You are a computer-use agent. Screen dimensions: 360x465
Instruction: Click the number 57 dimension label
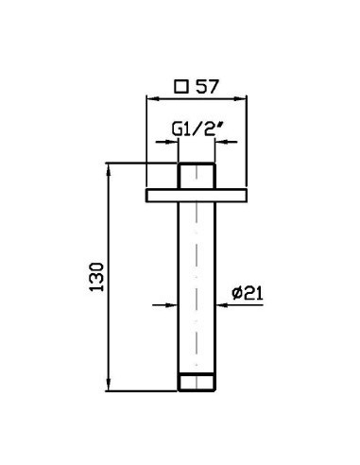[x=207, y=87]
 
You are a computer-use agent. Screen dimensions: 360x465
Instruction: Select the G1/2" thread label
[x=196, y=129]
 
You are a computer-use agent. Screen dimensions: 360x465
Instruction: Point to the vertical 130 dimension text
[x=96, y=277]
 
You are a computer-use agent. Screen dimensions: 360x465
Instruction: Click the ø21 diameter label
[x=248, y=293]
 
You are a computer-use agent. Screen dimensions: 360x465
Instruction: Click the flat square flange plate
[x=197, y=196]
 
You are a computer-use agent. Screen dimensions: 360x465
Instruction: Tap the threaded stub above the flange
[x=197, y=176]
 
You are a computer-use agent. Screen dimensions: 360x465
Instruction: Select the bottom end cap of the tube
[x=197, y=383]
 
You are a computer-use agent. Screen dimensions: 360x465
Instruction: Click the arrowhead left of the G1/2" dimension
[x=172, y=142]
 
